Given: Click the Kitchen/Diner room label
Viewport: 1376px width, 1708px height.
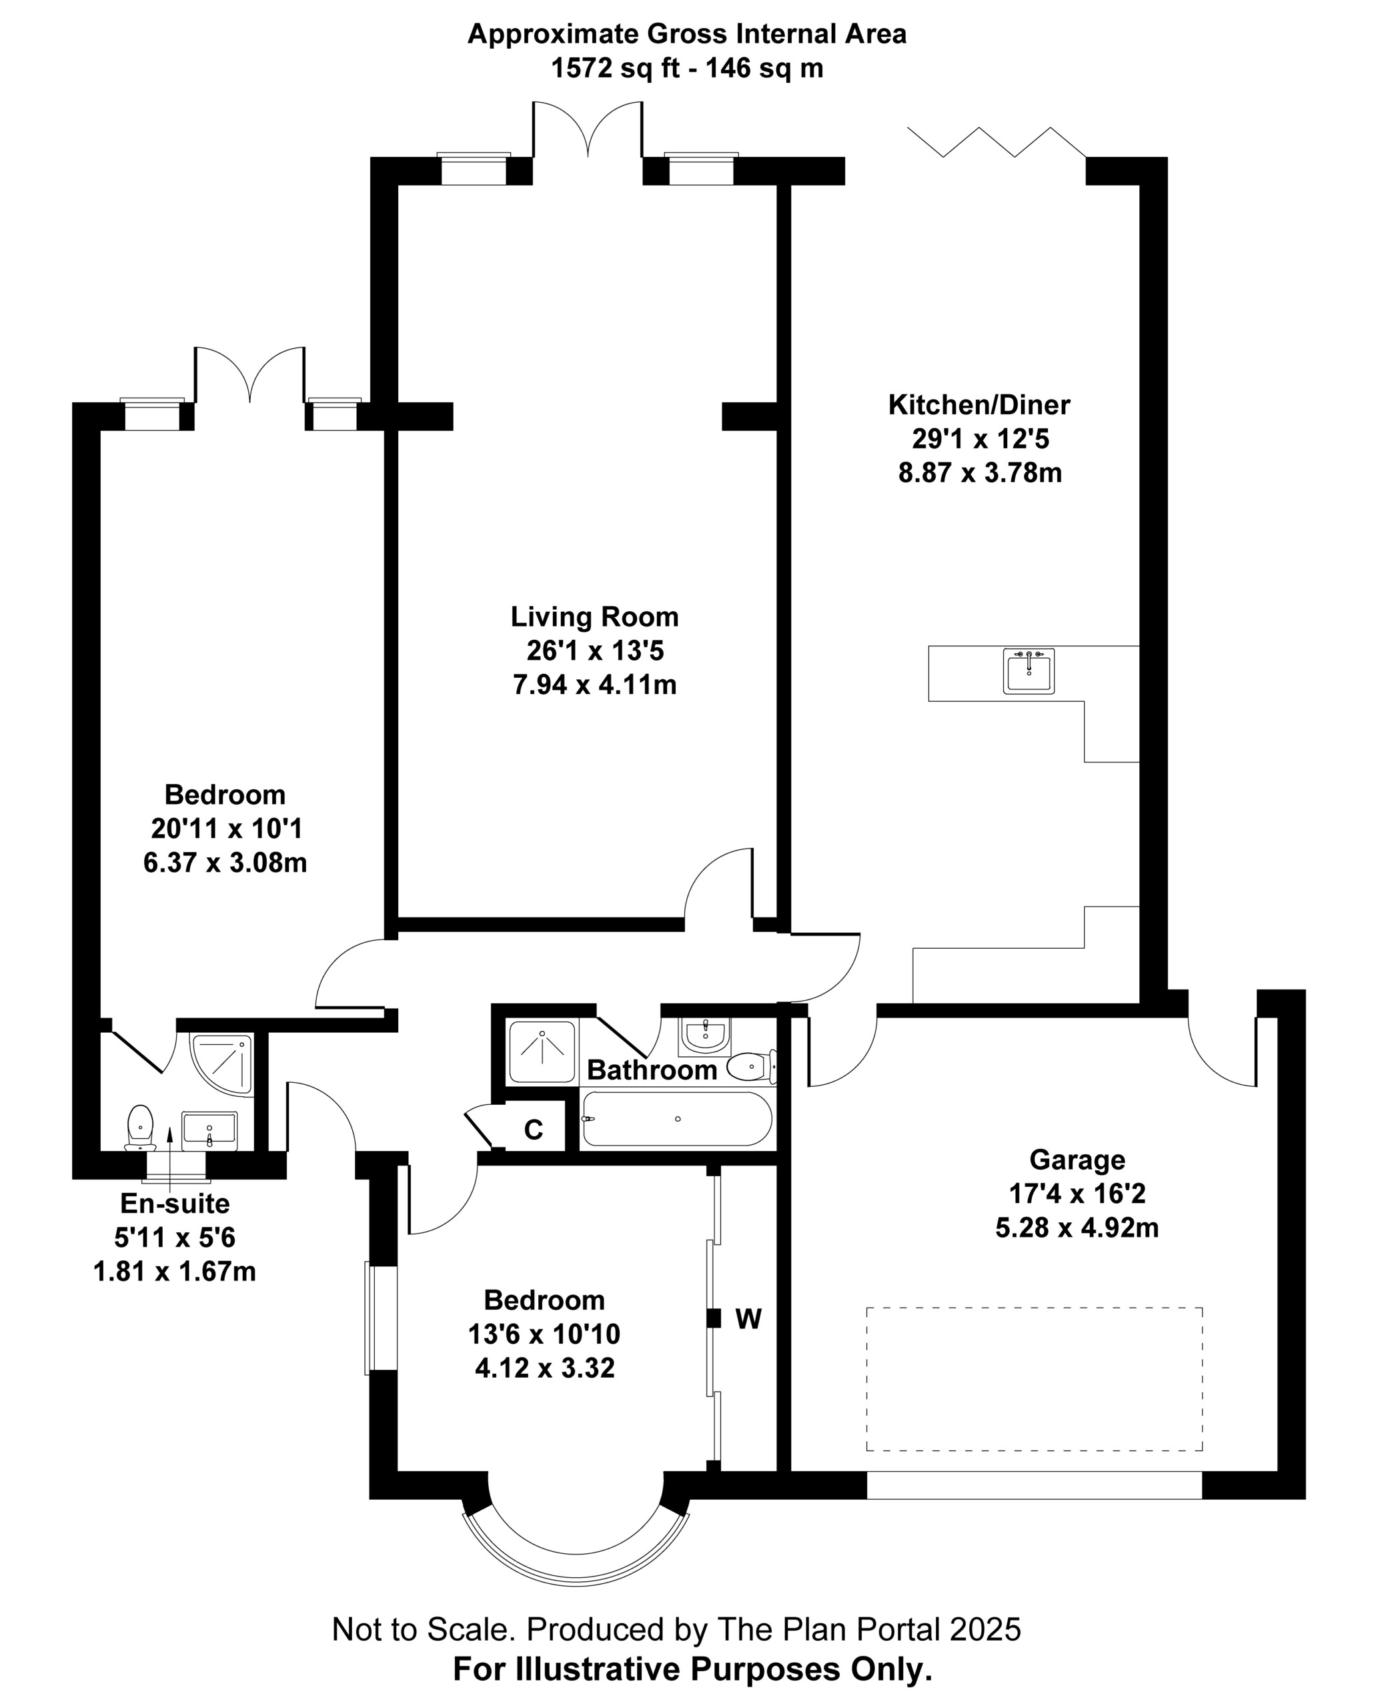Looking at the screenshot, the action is pos(979,405).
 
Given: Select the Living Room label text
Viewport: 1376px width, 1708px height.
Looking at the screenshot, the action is pos(594,617).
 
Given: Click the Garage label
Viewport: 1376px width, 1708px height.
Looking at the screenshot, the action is pos(1077,1160).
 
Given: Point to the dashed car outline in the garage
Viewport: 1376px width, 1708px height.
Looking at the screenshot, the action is pos(1034,1379).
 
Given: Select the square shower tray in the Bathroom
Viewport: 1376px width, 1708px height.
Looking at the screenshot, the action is pos(542,1051).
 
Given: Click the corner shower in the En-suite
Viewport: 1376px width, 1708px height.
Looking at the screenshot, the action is pos(221,1064).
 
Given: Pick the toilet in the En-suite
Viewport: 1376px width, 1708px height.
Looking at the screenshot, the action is pos(140,1128).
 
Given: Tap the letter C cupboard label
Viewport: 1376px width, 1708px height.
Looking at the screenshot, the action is pos(534,1129).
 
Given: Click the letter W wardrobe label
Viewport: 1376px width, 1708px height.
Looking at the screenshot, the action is pos(748,1318).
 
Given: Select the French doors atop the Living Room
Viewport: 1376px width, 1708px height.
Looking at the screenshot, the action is pos(588,129).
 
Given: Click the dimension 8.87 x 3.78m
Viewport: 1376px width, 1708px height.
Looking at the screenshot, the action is pos(980,474).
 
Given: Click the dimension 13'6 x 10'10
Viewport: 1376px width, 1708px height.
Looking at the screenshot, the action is pos(544,1334).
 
